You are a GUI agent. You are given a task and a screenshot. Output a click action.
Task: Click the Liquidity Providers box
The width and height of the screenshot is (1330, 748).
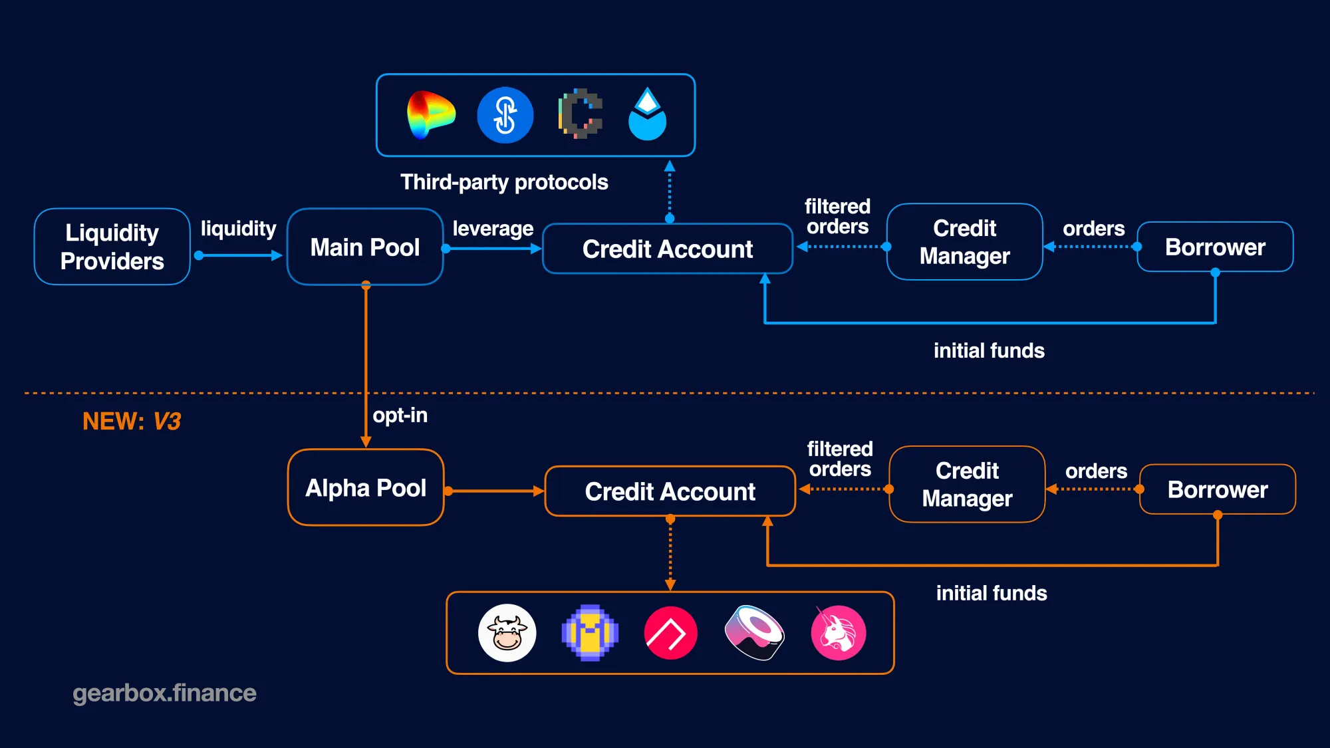pyautogui.click(x=112, y=247)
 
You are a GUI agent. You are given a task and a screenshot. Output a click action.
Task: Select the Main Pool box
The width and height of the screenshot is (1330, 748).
pyautogui.click(x=364, y=247)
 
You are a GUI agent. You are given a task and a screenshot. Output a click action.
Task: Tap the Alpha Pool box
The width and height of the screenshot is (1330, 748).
pyautogui.click(x=365, y=487)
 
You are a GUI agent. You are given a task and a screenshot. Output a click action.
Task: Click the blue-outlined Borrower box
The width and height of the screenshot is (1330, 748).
pyautogui.click(x=1215, y=247)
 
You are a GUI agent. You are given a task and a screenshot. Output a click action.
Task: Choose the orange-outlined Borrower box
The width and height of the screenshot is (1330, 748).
pyautogui.click(x=1217, y=489)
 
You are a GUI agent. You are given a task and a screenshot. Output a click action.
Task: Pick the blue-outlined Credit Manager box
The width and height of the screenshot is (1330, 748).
pyautogui.click(x=964, y=242)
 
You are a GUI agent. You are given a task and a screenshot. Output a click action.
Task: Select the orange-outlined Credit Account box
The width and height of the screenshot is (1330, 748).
pyautogui.click(x=670, y=491)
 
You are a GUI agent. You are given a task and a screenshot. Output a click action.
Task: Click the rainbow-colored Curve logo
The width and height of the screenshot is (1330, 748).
pyautogui.click(x=430, y=115)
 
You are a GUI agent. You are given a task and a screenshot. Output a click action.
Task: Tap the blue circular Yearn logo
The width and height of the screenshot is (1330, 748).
pyautogui.click(x=505, y=115)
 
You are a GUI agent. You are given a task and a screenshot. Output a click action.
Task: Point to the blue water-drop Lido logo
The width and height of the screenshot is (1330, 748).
pyautogui.click(x=647, y=115)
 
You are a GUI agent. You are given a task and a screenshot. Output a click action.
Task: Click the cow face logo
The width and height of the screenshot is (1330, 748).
pyautogui.click(x=507, y=633)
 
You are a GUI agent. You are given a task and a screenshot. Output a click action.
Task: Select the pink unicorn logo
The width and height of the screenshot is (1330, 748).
pyautogui.click(x=838, y=633)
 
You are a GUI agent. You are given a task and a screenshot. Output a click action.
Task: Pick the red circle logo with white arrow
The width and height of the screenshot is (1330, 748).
pyautogui.click(x=670, y=633)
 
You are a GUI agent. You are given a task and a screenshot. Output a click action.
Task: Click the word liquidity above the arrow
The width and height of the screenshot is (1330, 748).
pyautogui.click(x=238, y=228)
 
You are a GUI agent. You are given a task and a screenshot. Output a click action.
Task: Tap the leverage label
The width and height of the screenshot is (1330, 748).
pyautogui.click(x=493, y=228)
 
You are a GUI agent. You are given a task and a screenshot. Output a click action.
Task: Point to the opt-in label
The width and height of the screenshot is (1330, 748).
pyautogui.click(x=400, y=415)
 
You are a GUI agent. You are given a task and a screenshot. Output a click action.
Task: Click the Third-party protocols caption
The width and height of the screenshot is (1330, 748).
pyautogui.click(x=504, y=182)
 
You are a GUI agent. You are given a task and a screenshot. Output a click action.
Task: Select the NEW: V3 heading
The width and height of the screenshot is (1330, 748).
pyautogui.click(x=132, y=421)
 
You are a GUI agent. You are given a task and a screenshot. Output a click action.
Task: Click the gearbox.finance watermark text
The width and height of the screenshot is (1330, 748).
pyautogui.click(x=164, y=693)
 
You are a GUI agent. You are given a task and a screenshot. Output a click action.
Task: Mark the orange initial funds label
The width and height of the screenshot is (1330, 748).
pyautogui.click(x=992, y=593)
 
